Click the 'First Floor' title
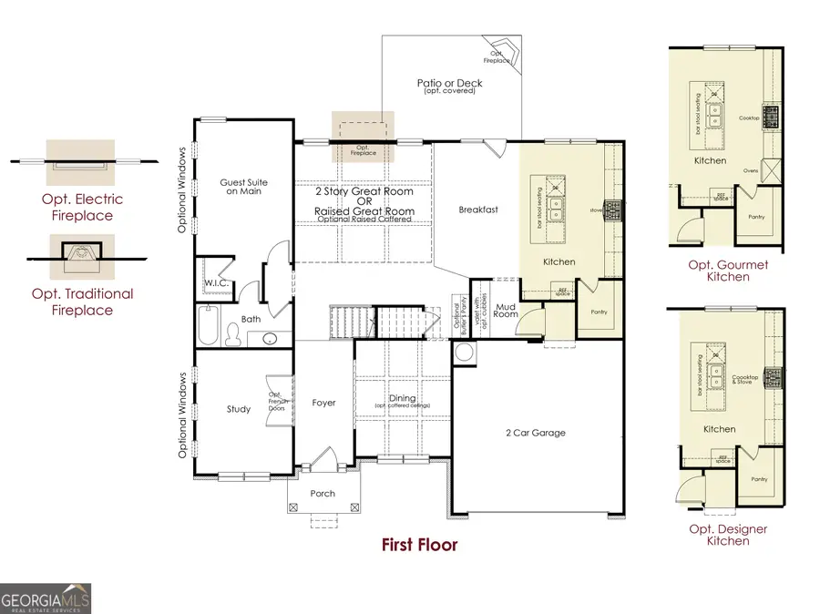click(x=419, y=545)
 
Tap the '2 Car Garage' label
click(x=536, y=432)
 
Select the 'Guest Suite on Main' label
click(x=241, y=187)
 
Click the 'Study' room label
click(x=239, y=409)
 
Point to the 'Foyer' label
click(x=323, y=402)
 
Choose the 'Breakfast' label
click(x=478, y=210)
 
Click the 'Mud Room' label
click(x=506, y=311)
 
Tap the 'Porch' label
click(x=323, y=494)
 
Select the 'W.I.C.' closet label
click(x=216, y=283)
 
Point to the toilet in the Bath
click(x=234, y=336)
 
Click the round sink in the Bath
click(x=271, y=339)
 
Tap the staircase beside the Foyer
click(x=352, y=322)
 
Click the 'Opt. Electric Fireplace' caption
click(x=82, y=208)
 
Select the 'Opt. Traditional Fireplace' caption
click(x=82, y=302)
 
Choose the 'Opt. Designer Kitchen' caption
click(x=728, y=535)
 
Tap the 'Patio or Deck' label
click(x=450, y=86)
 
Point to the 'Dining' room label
click(x=402, y=398)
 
